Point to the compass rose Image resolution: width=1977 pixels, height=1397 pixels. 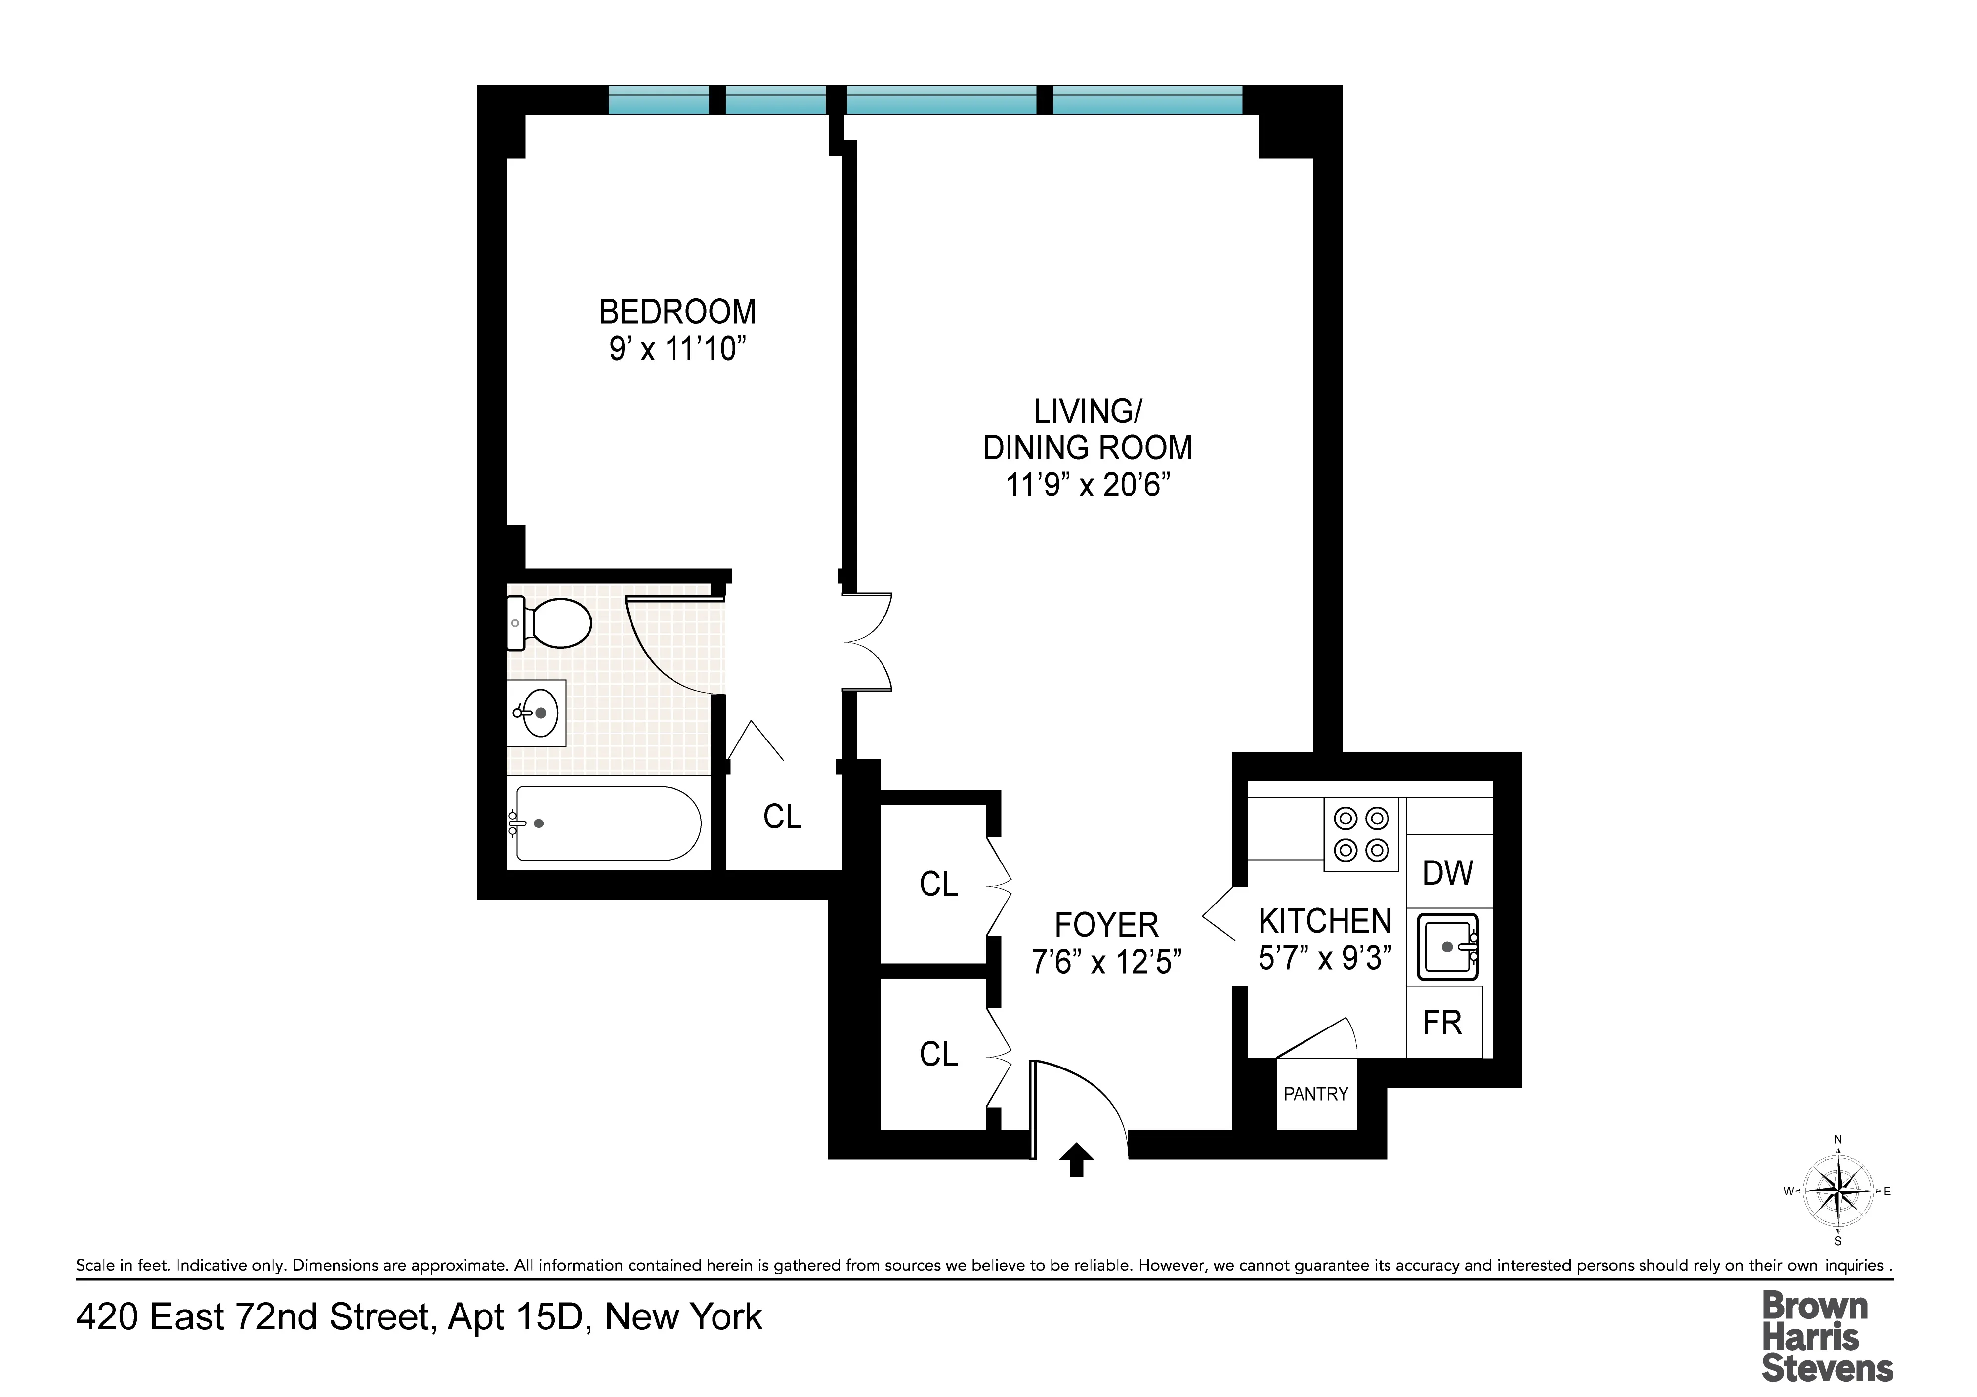pos(1838,1192)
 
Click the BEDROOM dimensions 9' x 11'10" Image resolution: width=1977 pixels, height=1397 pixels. pos(677,349)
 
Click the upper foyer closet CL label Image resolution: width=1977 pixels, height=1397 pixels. pos(938,884)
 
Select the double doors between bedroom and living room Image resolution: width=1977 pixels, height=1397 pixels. pos(867,642)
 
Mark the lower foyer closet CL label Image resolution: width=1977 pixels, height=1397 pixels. pos(938,1055)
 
